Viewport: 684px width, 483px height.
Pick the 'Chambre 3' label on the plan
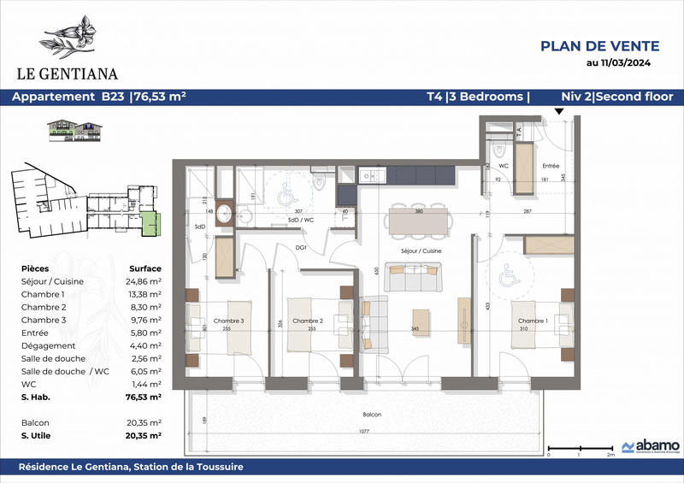[x=229, y=321]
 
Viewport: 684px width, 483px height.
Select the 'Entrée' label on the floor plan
[x=550, y=166]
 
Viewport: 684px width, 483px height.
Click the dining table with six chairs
[x=418, y=220]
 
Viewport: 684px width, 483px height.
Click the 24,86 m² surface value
[x=144, y=280]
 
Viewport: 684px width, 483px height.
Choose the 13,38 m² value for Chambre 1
[x=144, y=293]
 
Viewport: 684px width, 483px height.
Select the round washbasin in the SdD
[x=226, y=214]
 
